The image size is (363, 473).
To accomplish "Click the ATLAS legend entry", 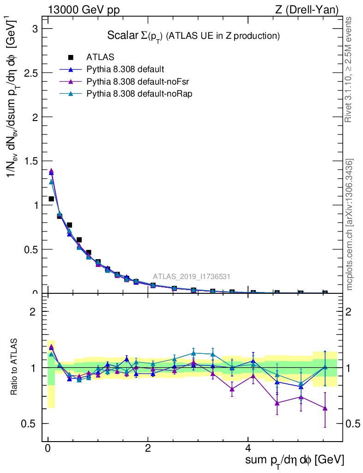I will [x=100, y=57].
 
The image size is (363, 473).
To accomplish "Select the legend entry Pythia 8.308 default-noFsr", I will [x=138, y=81].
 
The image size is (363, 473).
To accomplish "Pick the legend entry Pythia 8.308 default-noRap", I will [x=139, y=93].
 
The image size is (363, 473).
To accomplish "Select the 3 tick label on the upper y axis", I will [x=34, y=29].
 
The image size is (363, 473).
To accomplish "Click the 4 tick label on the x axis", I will [x=248, y=449].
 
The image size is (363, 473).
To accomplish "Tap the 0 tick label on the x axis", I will [x=48, y=449].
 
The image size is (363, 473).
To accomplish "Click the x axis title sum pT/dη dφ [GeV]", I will [x=295, y=460].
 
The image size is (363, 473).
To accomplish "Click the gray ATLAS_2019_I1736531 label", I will [x=192, y=276].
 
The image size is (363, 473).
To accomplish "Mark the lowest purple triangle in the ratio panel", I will [x=325, y=408].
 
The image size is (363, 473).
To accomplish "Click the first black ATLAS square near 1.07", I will [x=51, y=199].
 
